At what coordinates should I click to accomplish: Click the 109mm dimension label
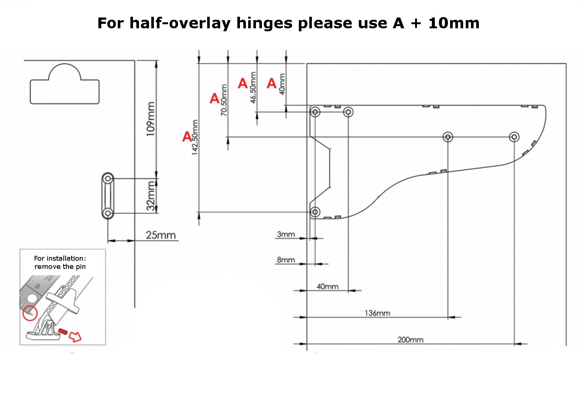151,119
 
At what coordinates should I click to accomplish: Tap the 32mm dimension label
151,196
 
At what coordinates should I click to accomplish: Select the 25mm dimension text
161,235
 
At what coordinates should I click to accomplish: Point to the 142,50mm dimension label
195,137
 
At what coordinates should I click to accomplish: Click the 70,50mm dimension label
224,100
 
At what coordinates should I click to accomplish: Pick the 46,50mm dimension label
253,88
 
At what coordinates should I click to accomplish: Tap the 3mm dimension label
286,234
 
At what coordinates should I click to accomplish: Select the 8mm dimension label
286,260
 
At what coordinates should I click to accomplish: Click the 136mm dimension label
377,313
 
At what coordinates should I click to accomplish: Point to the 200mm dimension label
410,340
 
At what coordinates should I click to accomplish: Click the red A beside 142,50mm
187,136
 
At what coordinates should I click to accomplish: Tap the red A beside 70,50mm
214,98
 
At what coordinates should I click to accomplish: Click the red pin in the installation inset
63,331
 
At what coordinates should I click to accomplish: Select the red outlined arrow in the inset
75,337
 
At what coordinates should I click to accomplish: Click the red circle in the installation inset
30,313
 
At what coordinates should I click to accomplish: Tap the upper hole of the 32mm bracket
108,179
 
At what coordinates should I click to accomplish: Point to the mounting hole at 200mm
514,137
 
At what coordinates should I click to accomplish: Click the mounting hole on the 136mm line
448,137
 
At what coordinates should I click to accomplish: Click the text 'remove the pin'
60,267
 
